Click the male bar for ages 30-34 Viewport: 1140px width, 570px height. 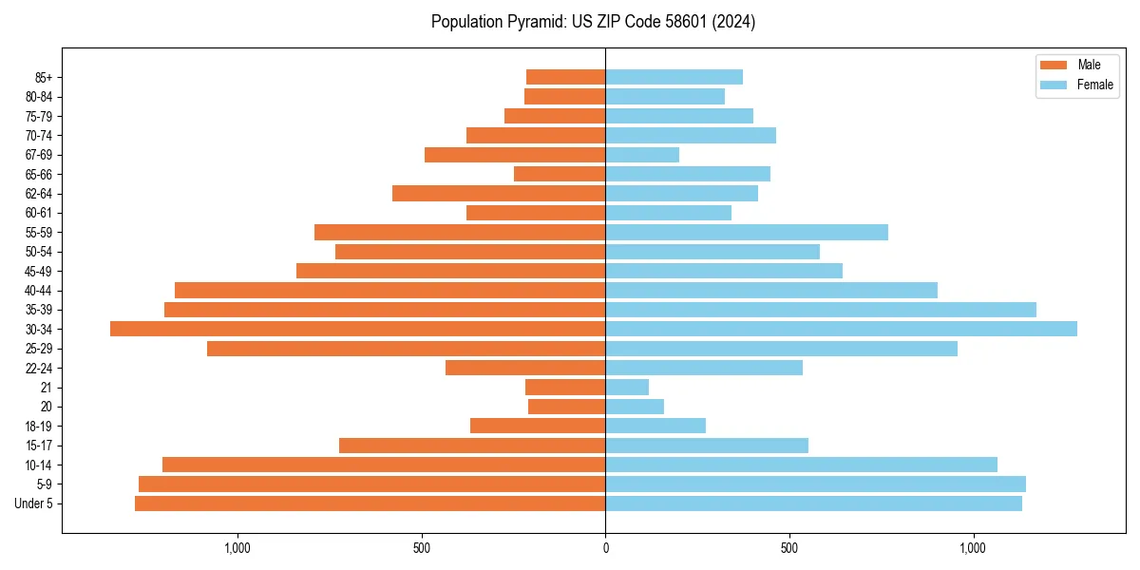(x=357, y=329)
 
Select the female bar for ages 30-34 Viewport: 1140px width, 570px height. (x=841, y=329)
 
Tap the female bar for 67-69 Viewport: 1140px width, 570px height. (x=642, y=155)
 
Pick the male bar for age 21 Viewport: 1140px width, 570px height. (x=565, y=387)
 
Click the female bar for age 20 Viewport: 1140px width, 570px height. (x=635, y=407)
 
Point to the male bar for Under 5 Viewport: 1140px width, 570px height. (x=370, y=503)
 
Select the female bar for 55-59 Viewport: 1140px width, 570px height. (x=747, y=232)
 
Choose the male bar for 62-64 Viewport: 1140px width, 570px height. (x=499, y=194)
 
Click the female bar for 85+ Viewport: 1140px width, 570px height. (x=674, y=77)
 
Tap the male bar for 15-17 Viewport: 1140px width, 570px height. (x=472, y=446)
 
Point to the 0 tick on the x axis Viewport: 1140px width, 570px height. (x=605, y=547)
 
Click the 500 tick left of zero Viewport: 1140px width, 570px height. (x=422, y=547)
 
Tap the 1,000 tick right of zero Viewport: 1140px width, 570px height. (x=973, y=547)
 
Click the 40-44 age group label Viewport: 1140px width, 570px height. (x=39, y=291)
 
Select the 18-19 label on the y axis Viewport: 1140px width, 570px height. (x=39, y=427)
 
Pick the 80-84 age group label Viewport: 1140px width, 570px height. (x=39, y=97)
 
